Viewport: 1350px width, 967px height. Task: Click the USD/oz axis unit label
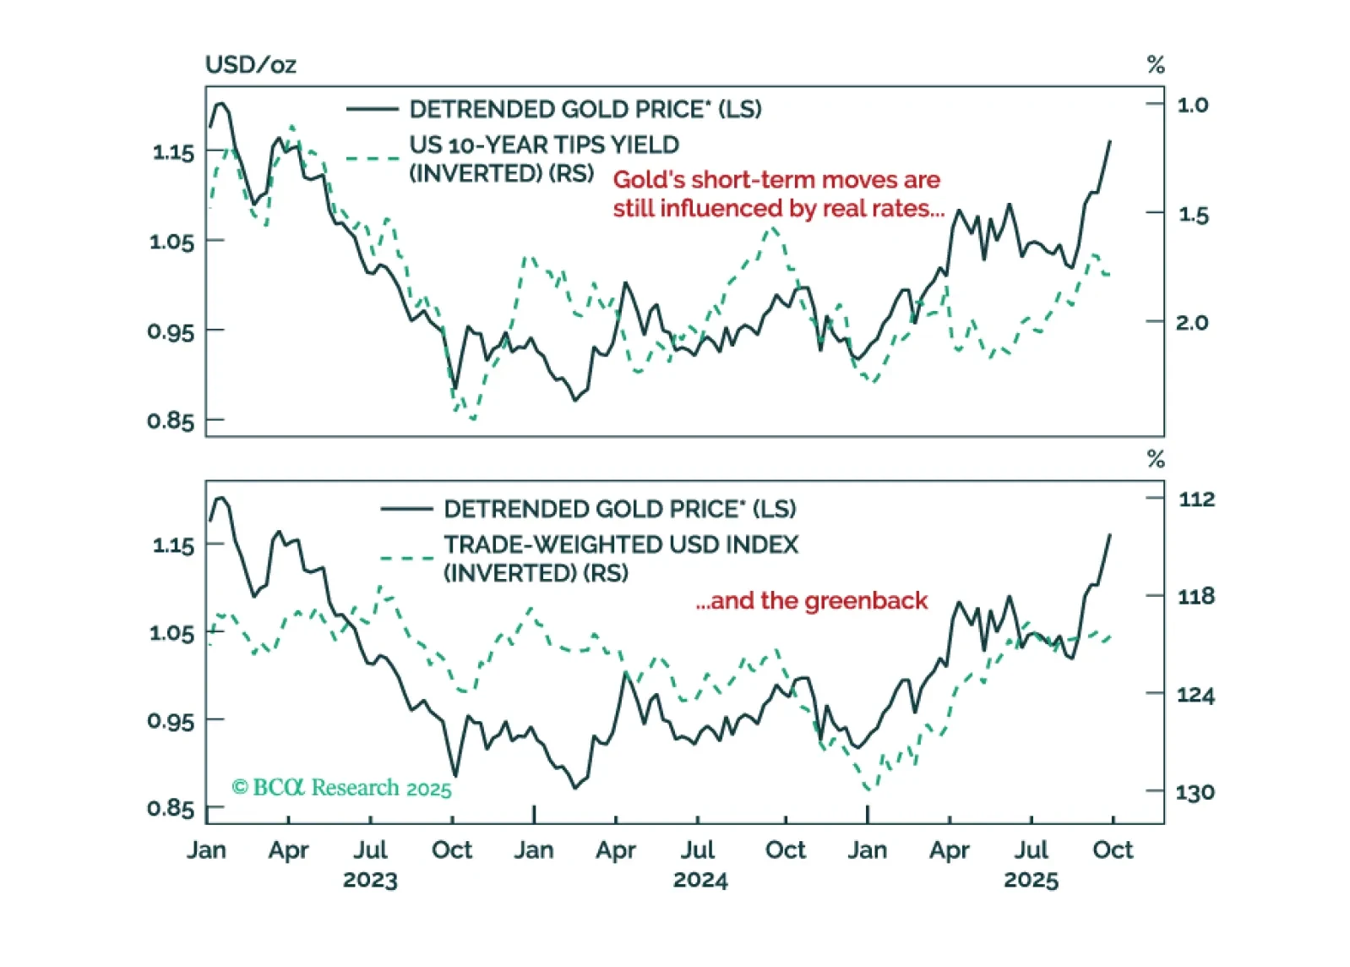[250, 65]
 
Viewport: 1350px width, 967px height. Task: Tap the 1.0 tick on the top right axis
[1192, 105]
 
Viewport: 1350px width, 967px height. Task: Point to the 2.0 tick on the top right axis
[1192, 322]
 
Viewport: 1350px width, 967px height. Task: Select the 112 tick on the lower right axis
[1196, 499]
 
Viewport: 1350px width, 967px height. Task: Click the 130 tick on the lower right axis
[1195, 792]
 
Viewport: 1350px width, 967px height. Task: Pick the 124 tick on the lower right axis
[1195, 695]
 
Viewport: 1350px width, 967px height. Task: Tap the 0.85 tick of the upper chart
[171, 420]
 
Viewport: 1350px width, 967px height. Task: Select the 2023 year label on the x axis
[370, 880]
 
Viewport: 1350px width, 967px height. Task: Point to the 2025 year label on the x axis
[1031, 880]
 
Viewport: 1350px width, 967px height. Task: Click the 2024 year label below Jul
[700, 880]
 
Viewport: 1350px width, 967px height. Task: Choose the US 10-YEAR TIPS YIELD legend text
[544, 145]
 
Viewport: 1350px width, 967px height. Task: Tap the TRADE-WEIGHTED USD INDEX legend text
[621, 544]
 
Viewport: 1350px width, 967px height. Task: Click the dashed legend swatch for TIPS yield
[372, 158]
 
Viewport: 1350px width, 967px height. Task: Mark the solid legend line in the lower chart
[406, 509]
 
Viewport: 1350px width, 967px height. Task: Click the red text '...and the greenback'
[811, 601]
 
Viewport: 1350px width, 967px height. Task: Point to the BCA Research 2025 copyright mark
[341, 788]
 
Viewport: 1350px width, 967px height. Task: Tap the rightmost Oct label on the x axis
[1113, 850]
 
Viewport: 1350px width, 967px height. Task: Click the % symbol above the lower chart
[1156, 459]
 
